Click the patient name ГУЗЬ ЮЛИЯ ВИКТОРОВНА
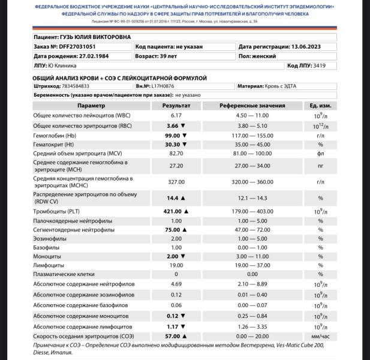point(96,37)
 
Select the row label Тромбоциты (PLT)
point(58,211)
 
